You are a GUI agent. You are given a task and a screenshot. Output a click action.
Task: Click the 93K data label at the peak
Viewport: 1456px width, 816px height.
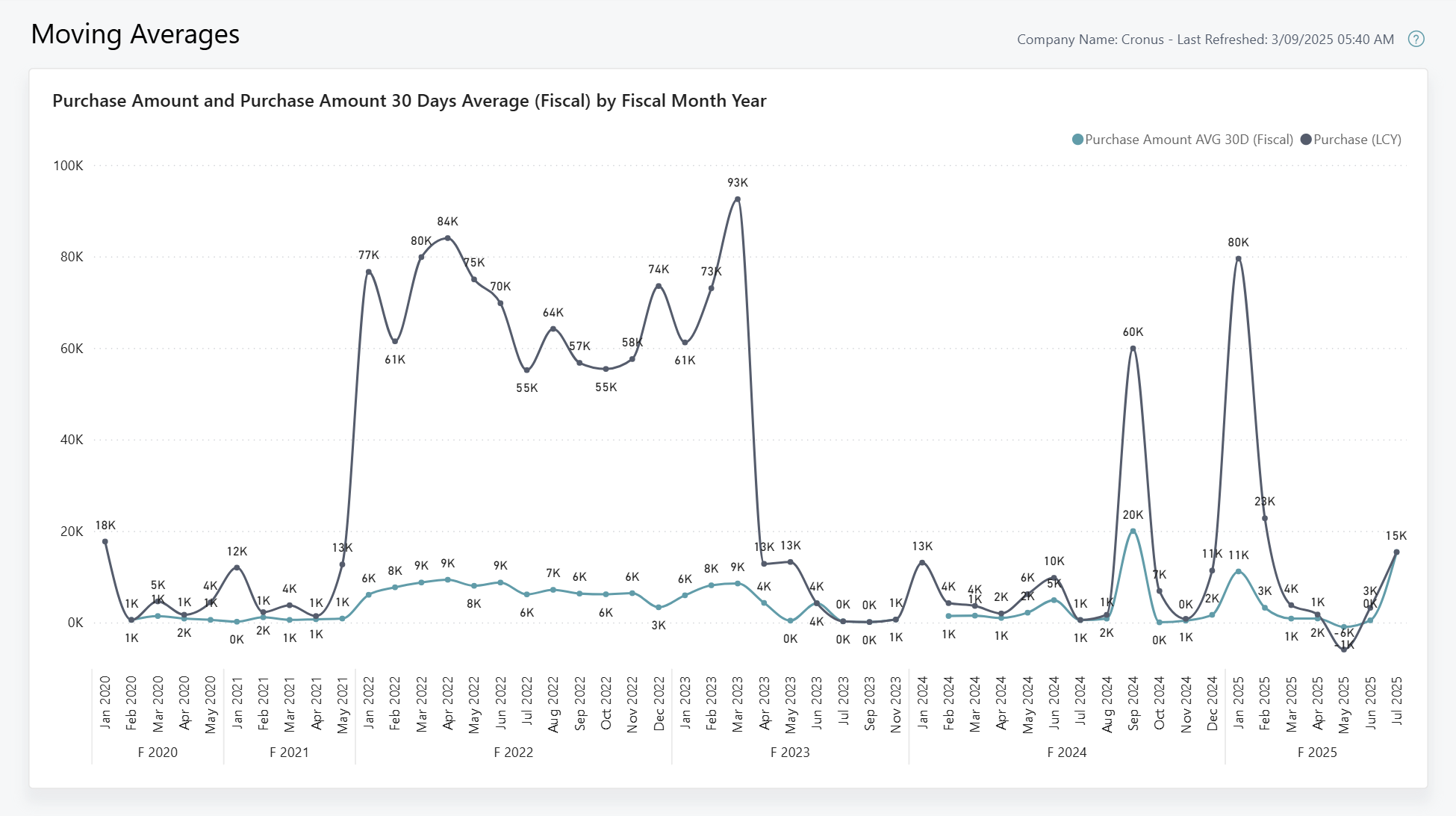click(x=737, y=183)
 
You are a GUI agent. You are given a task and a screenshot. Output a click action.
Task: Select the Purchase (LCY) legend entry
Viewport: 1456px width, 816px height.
click(x=1351, y=140)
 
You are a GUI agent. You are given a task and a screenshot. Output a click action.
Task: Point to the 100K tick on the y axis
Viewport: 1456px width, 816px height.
click(x=68, y=166)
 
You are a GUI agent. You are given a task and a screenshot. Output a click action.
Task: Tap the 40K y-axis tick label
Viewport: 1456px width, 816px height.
click(x=72, y=440)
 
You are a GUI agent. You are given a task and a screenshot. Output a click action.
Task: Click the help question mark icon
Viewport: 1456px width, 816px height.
click(x=1416, y=40)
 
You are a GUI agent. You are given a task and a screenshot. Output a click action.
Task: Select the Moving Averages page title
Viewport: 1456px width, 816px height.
click(x=135, y=34)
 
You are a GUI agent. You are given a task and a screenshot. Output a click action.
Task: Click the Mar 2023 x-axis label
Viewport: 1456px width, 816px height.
click(x=738, y=704)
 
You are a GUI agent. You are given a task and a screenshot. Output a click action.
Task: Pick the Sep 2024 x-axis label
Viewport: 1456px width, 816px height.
click(x=1133, y=704)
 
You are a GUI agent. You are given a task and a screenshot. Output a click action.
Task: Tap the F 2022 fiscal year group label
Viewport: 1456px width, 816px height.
click(x=513, y=753)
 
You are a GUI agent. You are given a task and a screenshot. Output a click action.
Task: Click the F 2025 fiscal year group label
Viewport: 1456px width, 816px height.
click(x=1317, y=753)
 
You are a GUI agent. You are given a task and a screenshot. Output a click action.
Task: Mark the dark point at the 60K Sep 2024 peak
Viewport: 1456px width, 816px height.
click(x=1133, y=349)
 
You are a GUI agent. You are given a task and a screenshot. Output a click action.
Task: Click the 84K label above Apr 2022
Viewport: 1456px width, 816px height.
click(x=447, y=222)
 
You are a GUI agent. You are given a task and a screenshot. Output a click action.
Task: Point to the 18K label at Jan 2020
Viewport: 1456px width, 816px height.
click(x=105, y=526)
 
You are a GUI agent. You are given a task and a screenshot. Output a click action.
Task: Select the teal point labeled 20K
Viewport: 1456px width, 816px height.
click(x=1133, y=532)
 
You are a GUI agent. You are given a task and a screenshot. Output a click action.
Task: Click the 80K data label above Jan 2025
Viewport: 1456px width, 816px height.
click(x=1238, y=243)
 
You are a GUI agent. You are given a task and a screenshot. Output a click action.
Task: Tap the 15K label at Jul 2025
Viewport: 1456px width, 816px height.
click(x=1396, y=536)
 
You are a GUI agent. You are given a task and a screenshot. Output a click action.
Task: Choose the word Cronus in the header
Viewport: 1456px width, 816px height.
click(x=1142, y=40)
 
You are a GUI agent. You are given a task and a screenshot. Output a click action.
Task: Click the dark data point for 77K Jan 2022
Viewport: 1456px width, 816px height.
click(x=368, y=272)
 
